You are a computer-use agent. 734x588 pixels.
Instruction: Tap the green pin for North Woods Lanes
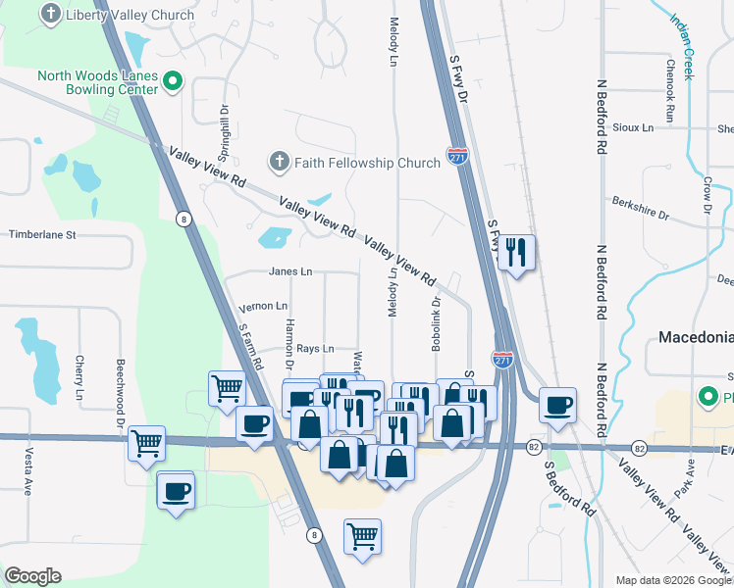coord(173,81)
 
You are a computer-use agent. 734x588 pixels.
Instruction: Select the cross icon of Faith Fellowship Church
coord(279,162)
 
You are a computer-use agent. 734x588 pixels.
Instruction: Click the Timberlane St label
coord(56,235)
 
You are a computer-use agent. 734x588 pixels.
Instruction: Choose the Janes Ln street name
coord(289,271)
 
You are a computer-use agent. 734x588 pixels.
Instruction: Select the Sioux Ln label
coord(634,127)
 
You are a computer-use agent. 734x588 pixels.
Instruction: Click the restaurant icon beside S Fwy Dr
coord(516,253)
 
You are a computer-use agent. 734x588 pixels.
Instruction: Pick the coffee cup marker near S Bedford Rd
coord(557,405)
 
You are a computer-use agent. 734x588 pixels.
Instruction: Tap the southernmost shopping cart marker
coord(362,536)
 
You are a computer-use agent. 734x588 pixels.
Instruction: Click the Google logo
coord(32,575)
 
